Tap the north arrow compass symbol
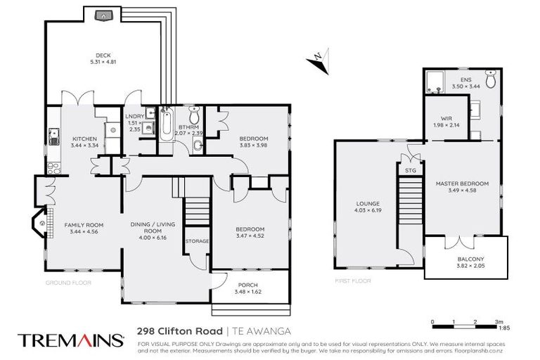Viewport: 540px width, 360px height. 317,59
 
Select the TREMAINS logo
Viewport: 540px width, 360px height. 70,340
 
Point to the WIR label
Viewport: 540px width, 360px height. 445,118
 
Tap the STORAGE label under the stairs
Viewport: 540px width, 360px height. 196,241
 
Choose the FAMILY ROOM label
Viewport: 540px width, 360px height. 82,225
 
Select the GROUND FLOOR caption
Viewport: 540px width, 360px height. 67,282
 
